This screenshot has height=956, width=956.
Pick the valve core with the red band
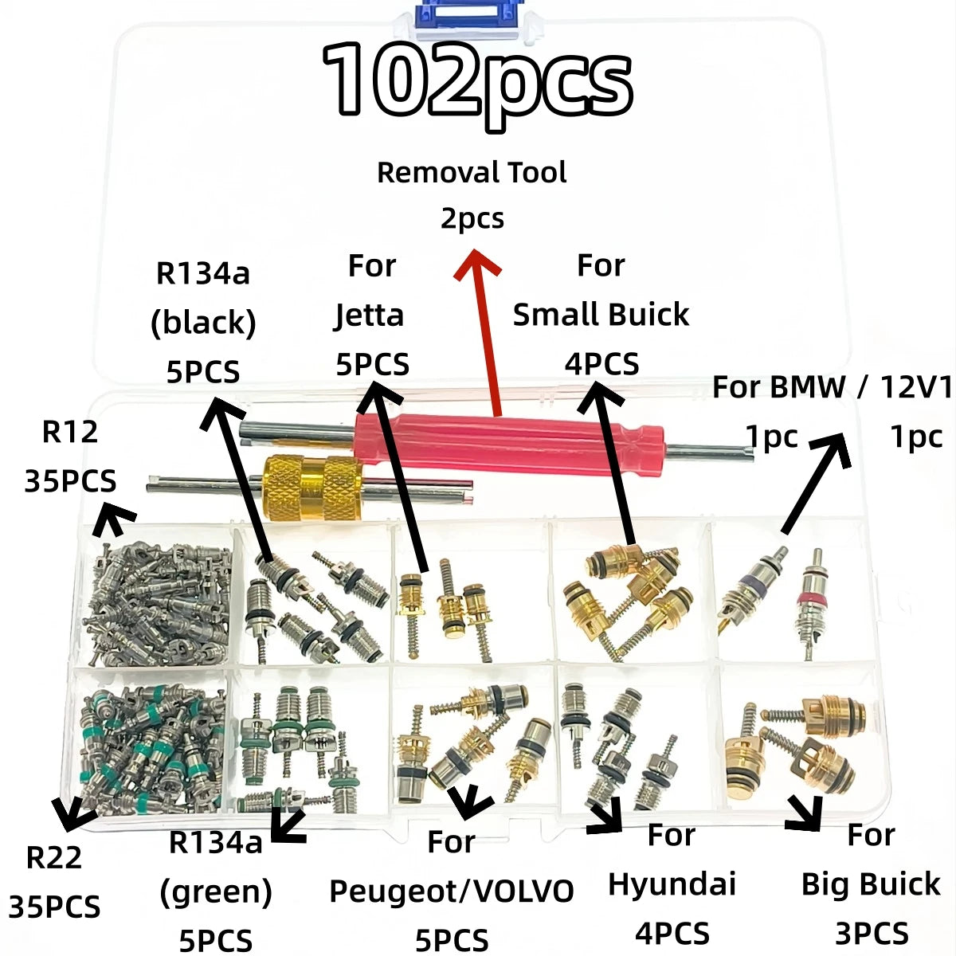pos(812,597)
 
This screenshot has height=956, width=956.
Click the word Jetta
pos(369,315)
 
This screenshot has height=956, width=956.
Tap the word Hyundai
pos(672,884)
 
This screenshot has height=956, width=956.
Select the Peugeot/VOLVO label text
pos(452,891)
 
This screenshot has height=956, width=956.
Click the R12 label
pos(70,432)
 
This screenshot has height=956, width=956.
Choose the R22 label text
pos(54,858)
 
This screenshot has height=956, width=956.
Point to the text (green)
pos(216,892)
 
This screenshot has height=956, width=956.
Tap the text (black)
pos(203,323)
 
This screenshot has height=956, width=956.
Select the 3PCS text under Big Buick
pos(871,933)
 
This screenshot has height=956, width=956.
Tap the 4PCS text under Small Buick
pos(601,364)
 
